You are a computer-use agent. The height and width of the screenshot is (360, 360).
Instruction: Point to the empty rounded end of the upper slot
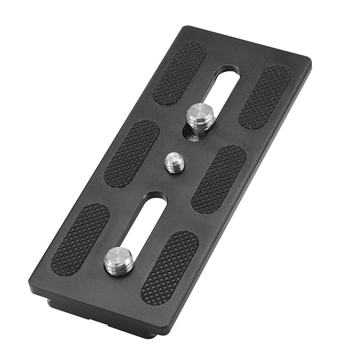click(227, 77)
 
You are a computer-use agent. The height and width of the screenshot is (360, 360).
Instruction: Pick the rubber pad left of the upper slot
click(179, 73)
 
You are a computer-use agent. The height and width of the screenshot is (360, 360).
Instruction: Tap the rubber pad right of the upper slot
click(265, 95)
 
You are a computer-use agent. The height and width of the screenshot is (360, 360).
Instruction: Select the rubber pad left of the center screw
click(131, 153)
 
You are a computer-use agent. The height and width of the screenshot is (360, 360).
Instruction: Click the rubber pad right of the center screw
click(218, 178)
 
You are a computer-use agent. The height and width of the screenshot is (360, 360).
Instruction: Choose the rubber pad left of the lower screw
click(80, 238)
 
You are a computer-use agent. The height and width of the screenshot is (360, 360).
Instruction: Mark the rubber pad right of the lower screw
click(169, 267)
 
